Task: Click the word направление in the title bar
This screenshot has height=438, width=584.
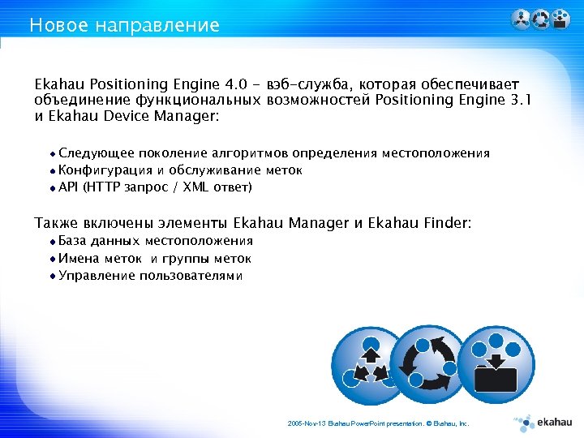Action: pos(157,25)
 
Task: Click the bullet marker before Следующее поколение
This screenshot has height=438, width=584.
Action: pos(53,153)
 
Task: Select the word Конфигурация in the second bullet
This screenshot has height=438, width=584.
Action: pos(105,170)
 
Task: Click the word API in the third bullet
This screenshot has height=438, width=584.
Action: pos(69,187)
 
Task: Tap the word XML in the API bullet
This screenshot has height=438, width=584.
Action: pos(195,187)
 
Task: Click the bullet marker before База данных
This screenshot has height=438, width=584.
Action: pos(53,241)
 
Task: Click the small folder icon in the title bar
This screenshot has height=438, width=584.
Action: pos(560,19)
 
